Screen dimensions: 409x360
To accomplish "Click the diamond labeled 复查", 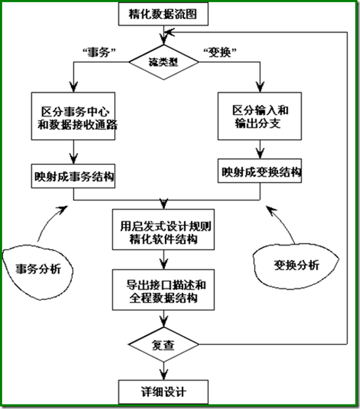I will coord(164,345).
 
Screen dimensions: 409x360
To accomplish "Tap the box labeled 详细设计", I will coord(164,392).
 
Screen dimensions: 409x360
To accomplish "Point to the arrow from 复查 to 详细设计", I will coord(164,369).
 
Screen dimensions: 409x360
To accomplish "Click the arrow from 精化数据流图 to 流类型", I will coord(164,35).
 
